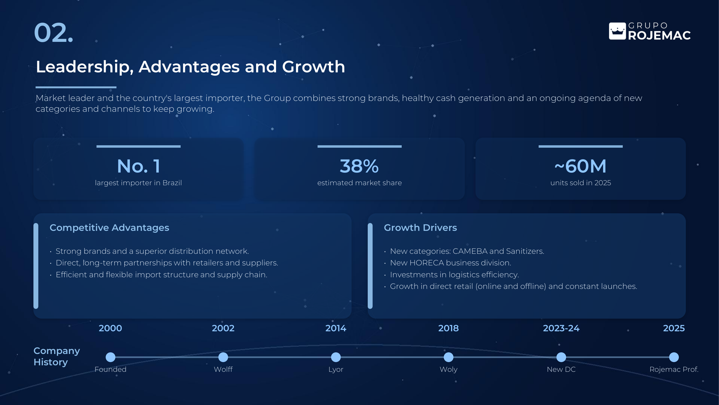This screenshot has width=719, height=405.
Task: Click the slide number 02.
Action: point(54,33)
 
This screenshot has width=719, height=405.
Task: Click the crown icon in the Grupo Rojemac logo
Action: point(617,31)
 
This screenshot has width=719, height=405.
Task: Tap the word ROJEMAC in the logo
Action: point(659,35)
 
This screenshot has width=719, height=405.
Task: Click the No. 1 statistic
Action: point(139,166)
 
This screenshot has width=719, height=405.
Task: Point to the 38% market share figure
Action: point(359,166)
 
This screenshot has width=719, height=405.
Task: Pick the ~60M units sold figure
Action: point(580,166)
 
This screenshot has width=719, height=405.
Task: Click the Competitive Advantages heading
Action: point(109,228)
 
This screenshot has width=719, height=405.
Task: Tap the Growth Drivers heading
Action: point(420,228)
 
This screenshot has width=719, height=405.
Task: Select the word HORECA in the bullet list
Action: point(426,263)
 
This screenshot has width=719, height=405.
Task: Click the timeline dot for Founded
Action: point(111,357)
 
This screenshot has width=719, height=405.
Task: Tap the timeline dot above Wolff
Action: point(223,357)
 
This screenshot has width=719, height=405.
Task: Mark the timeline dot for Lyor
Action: point(336,357)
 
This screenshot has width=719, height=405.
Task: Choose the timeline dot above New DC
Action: point(561,357)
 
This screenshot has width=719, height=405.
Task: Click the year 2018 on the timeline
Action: point(449,328)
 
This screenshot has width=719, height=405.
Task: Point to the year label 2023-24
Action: point(561,328)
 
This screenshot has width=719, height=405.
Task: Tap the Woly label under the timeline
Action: point(449,370)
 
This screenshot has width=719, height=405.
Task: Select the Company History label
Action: point(57,356)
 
